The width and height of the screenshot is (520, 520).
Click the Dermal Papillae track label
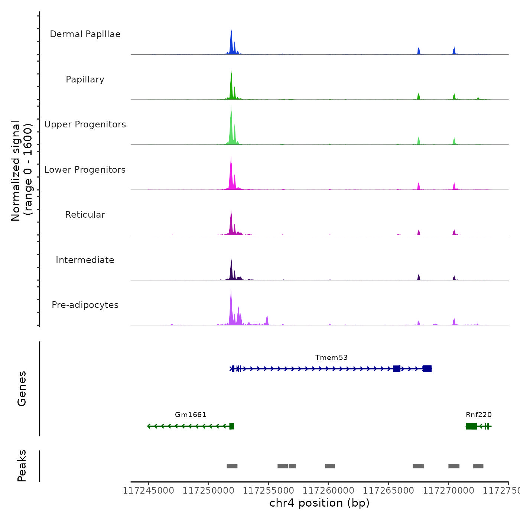(85, 34)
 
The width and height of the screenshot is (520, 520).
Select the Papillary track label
(85, 79)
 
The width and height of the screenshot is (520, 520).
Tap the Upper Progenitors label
(85, 124)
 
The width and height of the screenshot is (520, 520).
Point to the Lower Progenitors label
(85, 170)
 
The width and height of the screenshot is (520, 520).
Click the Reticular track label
(85, 215)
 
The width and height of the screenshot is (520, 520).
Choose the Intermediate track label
(85, 260)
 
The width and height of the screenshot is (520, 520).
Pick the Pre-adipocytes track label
(85, 305)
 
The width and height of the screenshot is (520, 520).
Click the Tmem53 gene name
(331, 358)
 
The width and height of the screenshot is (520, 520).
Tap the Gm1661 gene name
(191, 415)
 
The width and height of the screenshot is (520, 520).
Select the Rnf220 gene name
(479, 415)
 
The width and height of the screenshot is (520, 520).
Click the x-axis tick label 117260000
(328, 491)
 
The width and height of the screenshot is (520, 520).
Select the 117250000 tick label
(208, 491)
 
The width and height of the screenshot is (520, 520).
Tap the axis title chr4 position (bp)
(319, 503)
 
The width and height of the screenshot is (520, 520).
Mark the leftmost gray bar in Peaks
(232, 466)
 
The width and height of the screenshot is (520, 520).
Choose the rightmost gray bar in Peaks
(478, 466)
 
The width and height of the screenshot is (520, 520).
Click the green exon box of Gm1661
(232, 426)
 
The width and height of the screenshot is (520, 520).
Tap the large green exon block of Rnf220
(472, 426)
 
